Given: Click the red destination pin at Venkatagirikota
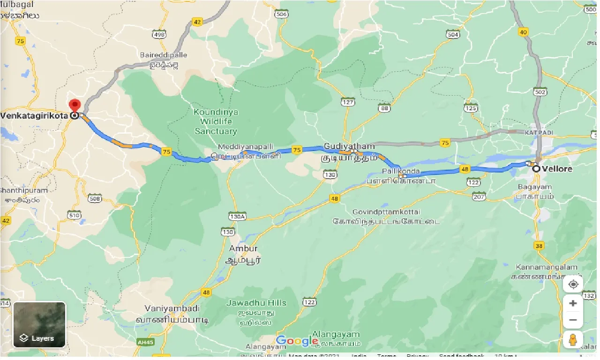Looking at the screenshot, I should [x=75, y=105].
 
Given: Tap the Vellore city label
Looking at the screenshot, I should [x=557, y=169].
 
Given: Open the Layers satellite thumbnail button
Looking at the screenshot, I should [x=39, y=325].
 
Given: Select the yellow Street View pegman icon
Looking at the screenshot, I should [x=573, y=339].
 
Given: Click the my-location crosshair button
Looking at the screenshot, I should [x=573, y=284].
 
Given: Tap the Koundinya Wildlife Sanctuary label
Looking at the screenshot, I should [x=216, y=121].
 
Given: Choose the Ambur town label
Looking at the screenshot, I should [x=243, y=248].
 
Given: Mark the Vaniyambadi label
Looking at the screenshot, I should [x=172, y=308].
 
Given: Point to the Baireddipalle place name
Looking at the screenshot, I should [x=164, y=55].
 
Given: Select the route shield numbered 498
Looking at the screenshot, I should [x=159, y=35].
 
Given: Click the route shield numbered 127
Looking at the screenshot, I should [x=348, y=102].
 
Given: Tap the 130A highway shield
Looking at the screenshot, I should [x=237, y=216].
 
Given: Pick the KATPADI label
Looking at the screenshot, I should [x=536, y=133].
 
